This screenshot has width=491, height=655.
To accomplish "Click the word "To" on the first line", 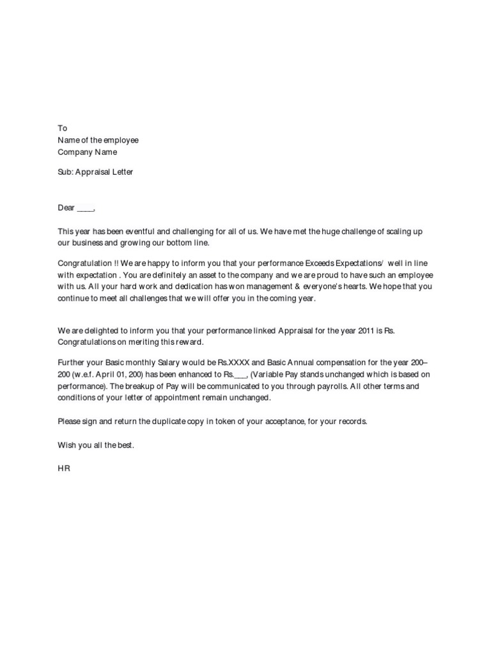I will (x=62, y=128).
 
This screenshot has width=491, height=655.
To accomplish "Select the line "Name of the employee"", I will (x=98, y=140).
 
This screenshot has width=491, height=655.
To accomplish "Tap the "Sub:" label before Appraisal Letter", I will (x=66, y=172).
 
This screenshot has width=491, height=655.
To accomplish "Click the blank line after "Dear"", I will (x=86, y=208).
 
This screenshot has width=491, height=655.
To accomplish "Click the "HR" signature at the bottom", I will (x=63, y=469).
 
